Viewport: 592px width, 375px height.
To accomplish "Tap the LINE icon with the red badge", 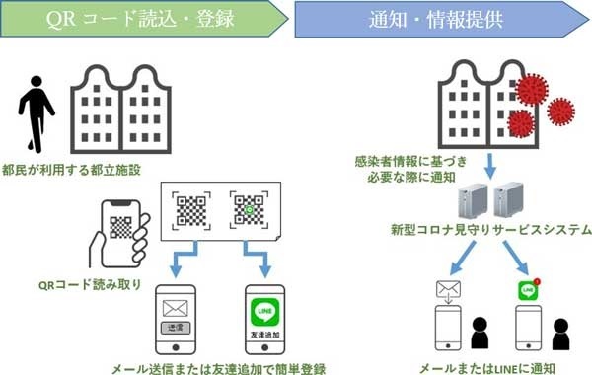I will coord(526,291).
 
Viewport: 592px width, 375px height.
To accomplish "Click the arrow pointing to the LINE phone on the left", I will coord(263,265).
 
